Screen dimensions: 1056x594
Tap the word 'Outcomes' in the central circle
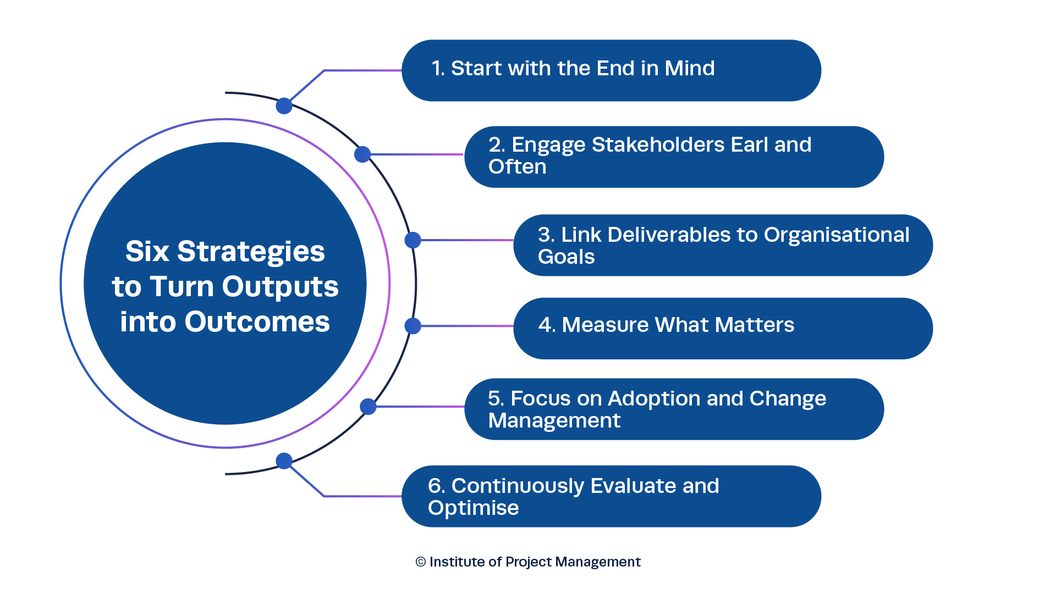257,322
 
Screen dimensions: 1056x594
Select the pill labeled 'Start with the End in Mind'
611,70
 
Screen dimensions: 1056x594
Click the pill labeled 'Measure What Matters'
723,329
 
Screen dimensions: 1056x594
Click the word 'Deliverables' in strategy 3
672,235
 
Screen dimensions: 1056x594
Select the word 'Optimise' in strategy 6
473,508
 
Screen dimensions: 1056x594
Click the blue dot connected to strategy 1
284,106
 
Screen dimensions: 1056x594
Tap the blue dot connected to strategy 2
362,154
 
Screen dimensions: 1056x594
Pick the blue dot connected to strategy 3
413,240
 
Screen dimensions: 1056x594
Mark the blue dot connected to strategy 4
413,326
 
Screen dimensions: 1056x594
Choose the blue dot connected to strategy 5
368,407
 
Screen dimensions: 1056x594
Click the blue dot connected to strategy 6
284,460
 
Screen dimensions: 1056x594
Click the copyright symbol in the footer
421,562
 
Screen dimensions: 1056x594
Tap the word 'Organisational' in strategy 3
837,236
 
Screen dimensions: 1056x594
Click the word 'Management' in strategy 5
554,421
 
